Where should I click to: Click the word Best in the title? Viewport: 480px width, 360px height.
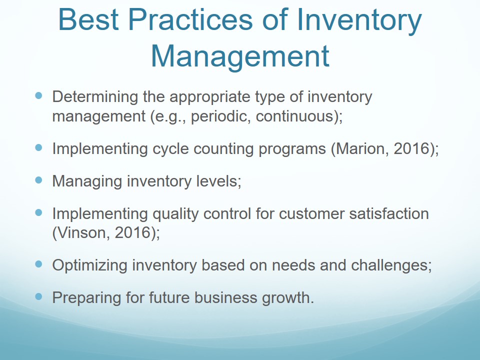tap(88, 19)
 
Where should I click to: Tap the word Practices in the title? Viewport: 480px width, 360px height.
tap(190, 19)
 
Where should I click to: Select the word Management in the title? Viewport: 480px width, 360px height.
tap(240, 56)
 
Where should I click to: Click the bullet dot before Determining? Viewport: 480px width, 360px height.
tap(38, 96)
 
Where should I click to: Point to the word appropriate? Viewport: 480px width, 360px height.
tap(210, 97)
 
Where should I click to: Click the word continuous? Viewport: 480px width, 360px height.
tap(294, 116)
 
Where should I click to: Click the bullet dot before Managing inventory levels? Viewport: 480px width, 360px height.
tap(38, 180)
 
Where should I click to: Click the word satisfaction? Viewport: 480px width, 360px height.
tap(389, 213)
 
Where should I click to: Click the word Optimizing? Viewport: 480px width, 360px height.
tap(89, 265)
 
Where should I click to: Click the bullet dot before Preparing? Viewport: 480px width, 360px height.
tap(38, 296)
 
